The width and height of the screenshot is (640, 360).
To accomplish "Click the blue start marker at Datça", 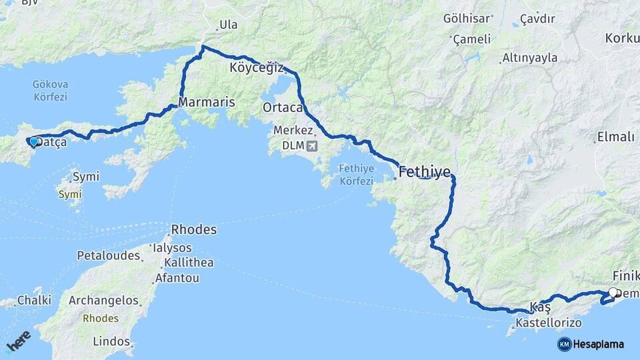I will pyautogui.click(x=33, y=141).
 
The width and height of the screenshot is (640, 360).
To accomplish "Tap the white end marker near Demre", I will pyautogui.click(x=613, y=292).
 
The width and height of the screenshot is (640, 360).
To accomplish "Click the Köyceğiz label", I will pyautogui.click(x=257, y=68).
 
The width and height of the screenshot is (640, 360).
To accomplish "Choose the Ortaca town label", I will pyautogui.click(x=283, y=107).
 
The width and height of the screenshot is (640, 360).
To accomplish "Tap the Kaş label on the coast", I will pyautogui.click(x=540, y=307).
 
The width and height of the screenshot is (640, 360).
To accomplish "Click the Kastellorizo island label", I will pyautogui.click(x=548, y=323).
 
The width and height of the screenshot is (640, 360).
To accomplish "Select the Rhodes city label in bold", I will pyautogui.click(x=194, y=229).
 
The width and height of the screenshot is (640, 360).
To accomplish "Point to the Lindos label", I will pyautogui.click(x=111, y=341).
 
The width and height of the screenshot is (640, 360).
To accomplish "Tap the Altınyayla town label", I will pyautogui.click(x=530, y=57).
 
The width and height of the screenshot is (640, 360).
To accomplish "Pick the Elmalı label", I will pyautogui.click(x=615, y=137).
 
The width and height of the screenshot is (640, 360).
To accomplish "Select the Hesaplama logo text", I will pyautogui.click(x=599, y=344).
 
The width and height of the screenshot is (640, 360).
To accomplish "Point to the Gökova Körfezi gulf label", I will pyautogui.click(x=51, y=91).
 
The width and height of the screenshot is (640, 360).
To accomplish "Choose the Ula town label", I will pyautogui.click(x=228, y=25).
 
